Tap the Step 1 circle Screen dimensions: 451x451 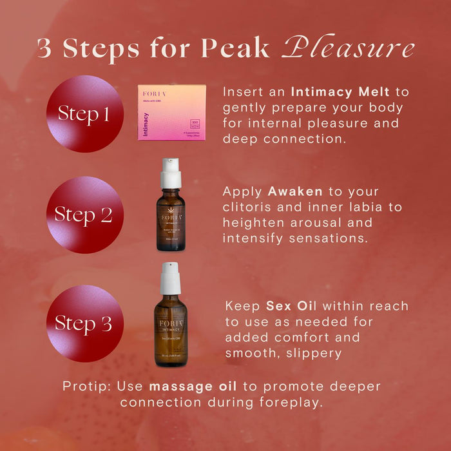tap(84, 114)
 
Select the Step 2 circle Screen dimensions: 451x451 tap(84, 215)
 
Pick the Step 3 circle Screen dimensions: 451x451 tap(84, 323)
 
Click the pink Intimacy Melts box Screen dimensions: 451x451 tap(171, 112)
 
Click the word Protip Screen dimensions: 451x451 tap(87, 386)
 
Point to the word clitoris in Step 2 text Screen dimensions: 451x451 tap(247, 207)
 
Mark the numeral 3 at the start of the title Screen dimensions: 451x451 tap(44, 49)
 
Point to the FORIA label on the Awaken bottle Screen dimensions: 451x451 tap(170, 217)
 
